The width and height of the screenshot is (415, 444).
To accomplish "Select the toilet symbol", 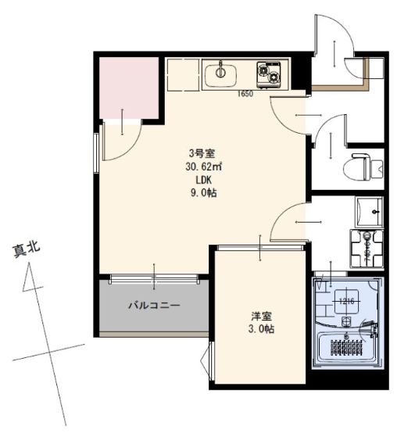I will point(360,166).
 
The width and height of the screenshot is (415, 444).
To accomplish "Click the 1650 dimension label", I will point(245,95).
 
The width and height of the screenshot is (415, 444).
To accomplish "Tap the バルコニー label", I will point(154,306).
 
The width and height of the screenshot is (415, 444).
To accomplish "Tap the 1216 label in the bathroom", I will point(347,299).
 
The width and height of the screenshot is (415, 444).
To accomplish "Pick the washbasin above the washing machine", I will point(367,209).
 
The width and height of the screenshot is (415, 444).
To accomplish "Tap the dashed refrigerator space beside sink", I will point(184,75).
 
